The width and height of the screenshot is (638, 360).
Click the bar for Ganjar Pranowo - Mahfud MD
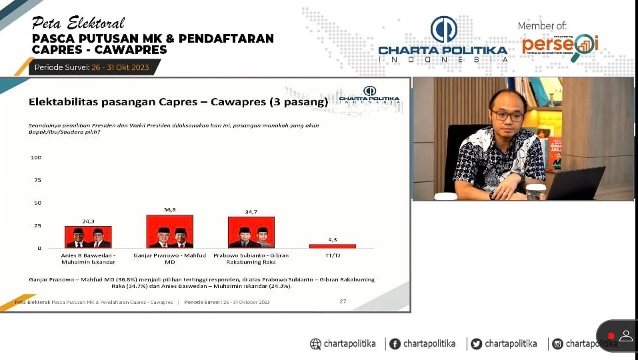pos(169,231)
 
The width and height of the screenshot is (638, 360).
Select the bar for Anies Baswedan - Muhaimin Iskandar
pos(88,237)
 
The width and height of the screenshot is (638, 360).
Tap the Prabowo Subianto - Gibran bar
pos(251,232)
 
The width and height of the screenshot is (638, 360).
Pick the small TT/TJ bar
pos(332,246)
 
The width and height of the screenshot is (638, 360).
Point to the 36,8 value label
pos(169,210)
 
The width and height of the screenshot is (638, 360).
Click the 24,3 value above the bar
pos(88,221)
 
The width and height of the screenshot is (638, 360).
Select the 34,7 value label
pos(251,212)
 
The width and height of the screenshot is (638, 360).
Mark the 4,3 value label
pos(332,239)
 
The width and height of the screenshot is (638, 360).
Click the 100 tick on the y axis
pos(36,157)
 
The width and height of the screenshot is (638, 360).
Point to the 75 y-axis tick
pos(37,180)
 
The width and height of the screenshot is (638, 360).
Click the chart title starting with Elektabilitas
pos(178,103)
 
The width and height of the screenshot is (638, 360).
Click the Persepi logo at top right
pos(560,45)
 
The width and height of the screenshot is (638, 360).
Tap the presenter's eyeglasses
pos(508,115)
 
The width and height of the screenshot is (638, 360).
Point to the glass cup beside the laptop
pos(535,191)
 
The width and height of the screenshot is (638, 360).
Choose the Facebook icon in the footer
pos(395,344)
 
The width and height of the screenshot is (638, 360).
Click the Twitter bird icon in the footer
pos(476,344)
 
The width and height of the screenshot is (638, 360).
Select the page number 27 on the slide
pos(343,301)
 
